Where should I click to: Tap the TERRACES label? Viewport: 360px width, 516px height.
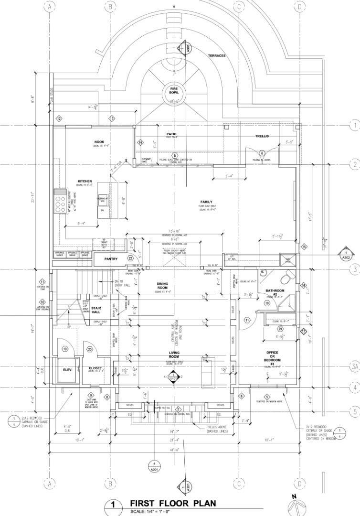[216, 56]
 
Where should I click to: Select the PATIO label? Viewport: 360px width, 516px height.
[171, 134]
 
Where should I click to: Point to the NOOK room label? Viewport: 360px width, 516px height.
[99, 142]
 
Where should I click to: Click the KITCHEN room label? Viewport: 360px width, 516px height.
[85, 182]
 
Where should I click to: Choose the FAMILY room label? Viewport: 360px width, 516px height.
[207, 202]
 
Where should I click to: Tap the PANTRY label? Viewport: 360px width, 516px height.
[111, 259]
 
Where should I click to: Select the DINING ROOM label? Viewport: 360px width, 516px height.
[162, 286]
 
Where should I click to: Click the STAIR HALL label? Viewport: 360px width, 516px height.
[96, 310]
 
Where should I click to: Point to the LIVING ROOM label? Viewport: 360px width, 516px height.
[174, 355]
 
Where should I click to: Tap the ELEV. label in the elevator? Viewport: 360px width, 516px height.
[67, 370]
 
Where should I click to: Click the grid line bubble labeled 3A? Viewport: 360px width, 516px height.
[354, 366]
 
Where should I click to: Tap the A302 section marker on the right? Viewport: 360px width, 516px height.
[346, 255]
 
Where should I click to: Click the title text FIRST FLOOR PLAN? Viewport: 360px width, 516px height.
[173, 503]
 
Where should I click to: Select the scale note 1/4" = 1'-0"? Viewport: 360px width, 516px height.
[149, 512]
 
